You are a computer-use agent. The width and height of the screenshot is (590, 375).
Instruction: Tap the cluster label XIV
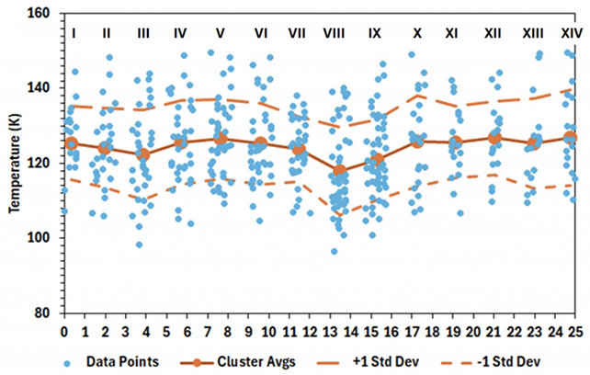572,34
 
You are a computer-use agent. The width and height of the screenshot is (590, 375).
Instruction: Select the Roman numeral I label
73,34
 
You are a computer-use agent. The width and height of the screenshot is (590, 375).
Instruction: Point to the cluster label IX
375,34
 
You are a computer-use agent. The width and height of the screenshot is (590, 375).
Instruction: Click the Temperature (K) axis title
14,164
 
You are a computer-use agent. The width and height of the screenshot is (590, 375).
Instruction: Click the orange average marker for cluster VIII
339,171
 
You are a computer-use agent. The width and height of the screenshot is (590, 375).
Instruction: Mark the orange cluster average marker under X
417,142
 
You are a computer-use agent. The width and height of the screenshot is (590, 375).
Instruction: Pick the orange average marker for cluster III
143,154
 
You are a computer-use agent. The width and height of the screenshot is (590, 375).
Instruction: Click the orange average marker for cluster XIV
571,138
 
